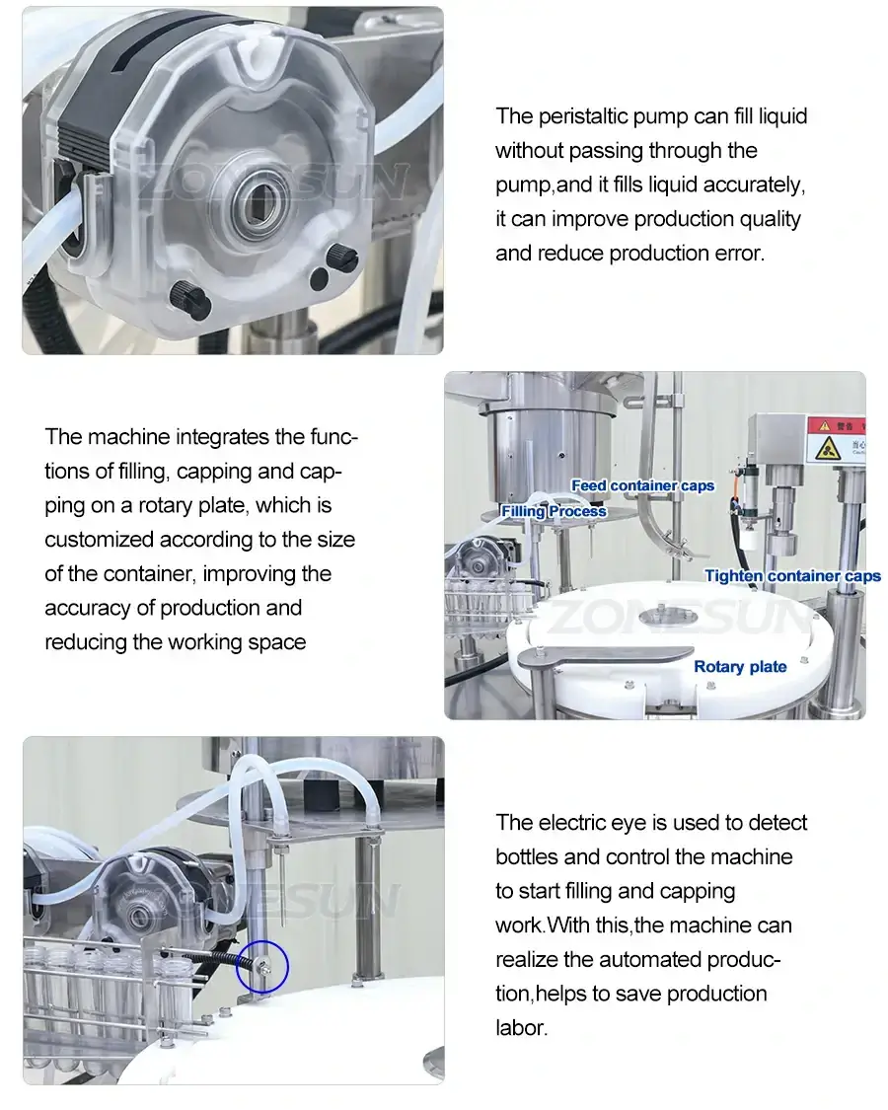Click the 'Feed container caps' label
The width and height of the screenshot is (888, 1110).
coord(642,485)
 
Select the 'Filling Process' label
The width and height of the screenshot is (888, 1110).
coord(554,511)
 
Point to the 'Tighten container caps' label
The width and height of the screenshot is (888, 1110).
coord(792,576)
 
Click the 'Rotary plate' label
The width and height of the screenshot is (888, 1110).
coord(740,667)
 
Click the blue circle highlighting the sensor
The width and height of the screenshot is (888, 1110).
coord(262,966)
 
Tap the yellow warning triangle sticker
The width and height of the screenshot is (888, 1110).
coord(825,449)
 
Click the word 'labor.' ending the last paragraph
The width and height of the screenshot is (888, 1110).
coord(521,1028)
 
